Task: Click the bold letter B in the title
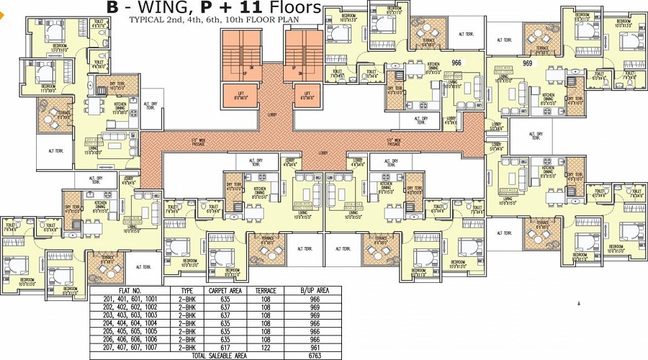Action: [112, 8]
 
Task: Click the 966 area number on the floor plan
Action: [456, 63]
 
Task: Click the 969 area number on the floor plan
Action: [527, 63]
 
